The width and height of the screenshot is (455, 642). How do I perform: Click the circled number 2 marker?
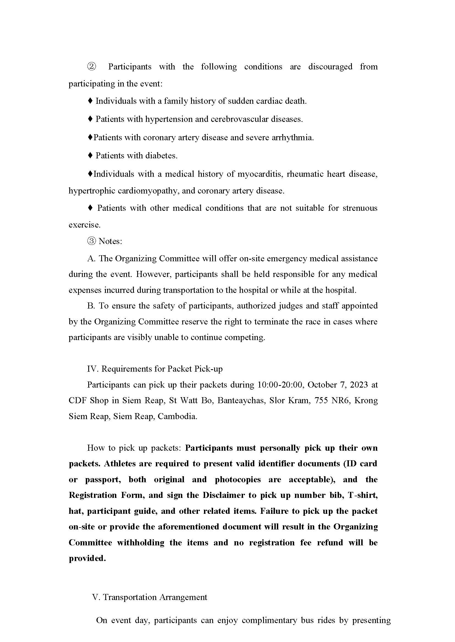tap(92, 67)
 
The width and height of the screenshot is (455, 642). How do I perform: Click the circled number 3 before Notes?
tap(92, 241)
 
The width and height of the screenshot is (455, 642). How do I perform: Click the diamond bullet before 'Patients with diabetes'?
tap(90, 156)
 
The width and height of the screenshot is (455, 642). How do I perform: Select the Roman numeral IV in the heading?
tap(92, 369)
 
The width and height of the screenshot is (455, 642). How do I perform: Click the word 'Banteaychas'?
tap(241, 400)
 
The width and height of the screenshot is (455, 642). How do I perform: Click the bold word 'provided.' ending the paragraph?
tap(87, 558)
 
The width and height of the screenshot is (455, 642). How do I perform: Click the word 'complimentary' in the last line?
tap(269, 620)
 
